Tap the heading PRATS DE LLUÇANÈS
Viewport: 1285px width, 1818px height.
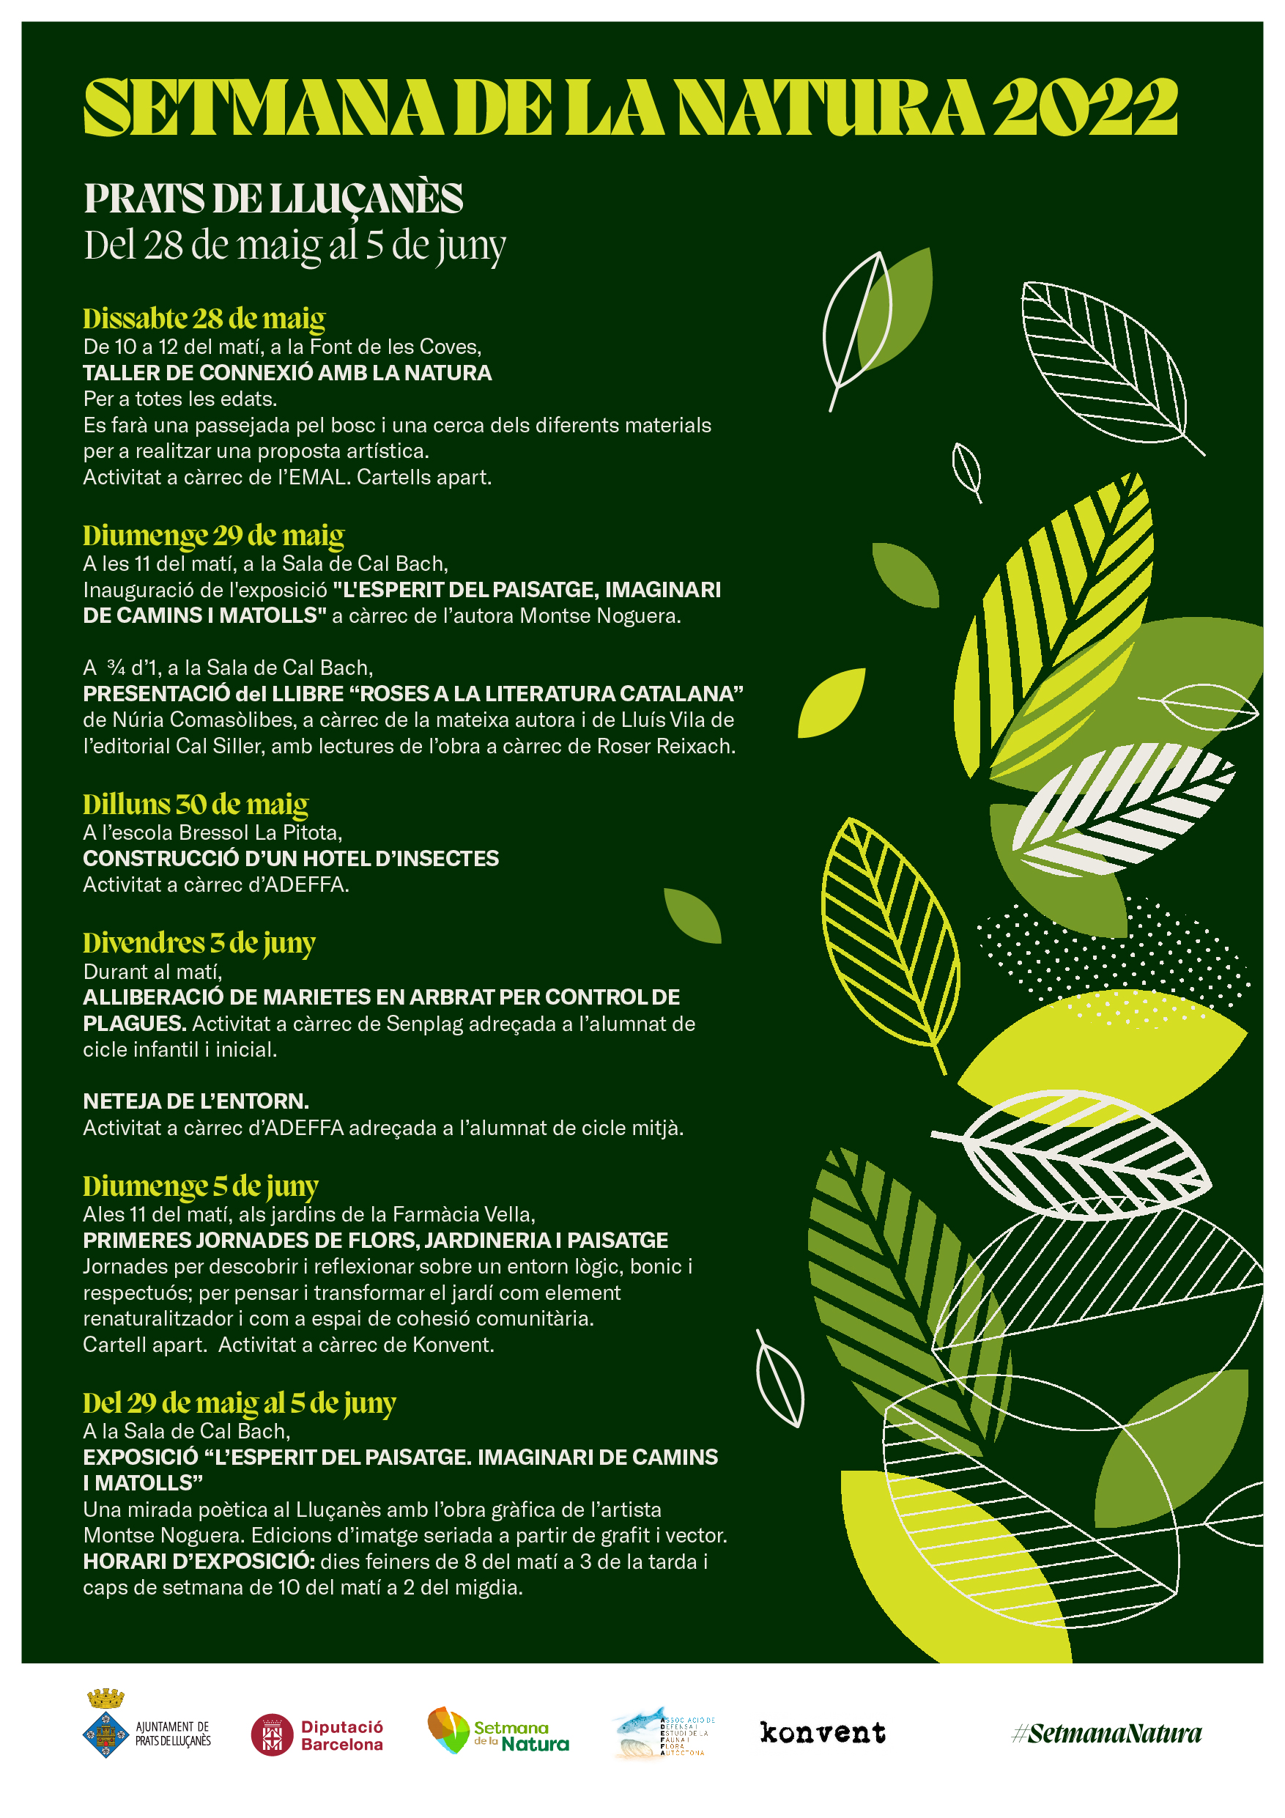(273, 198)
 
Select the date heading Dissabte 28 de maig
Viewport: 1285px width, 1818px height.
(204, 318)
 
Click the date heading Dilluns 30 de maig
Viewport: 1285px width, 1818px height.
(196, 805)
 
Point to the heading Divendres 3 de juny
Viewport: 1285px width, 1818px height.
(199, 943)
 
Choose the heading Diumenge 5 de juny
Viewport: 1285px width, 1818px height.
(200, 1186)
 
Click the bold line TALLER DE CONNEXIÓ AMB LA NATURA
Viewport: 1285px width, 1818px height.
(287, 373)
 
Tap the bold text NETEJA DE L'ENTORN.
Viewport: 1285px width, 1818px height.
(196, 1101)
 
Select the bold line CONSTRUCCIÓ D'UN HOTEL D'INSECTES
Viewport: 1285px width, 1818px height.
(291, 858)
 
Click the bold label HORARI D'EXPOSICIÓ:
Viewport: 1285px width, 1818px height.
(199, 1562)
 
